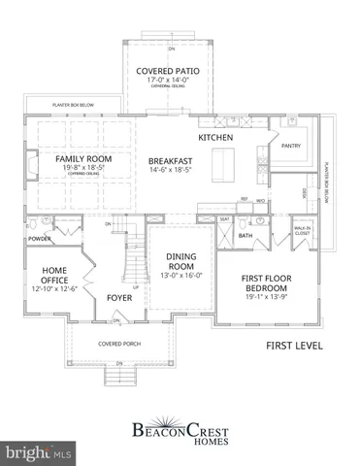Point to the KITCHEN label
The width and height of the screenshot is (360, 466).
[x=215, y=139]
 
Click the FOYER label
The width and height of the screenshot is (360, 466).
[x=120, y=298]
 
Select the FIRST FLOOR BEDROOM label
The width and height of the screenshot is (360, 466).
[x=268, y=283]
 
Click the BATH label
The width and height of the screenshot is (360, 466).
[x=245, y=234]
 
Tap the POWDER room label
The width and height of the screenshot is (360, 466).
[x=40, y=237]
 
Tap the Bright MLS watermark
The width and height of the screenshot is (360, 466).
[x=39, y=452]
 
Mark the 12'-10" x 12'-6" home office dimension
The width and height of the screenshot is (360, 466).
[x=46, y=288]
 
